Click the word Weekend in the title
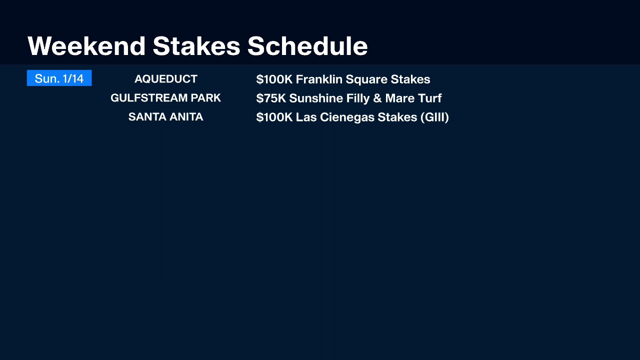click(86, 45)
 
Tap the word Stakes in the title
click(196, 45)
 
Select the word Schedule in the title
click(307, 45)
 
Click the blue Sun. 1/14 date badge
click(59, 78)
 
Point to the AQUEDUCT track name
click(165, 79)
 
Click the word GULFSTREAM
click(149, 98)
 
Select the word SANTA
click(147, 117)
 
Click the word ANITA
click(186, 117)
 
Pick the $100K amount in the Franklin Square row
click(274, 79)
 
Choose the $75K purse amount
click(271, 98)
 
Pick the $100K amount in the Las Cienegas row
click(274, 117)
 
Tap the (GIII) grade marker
click(434, 117)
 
